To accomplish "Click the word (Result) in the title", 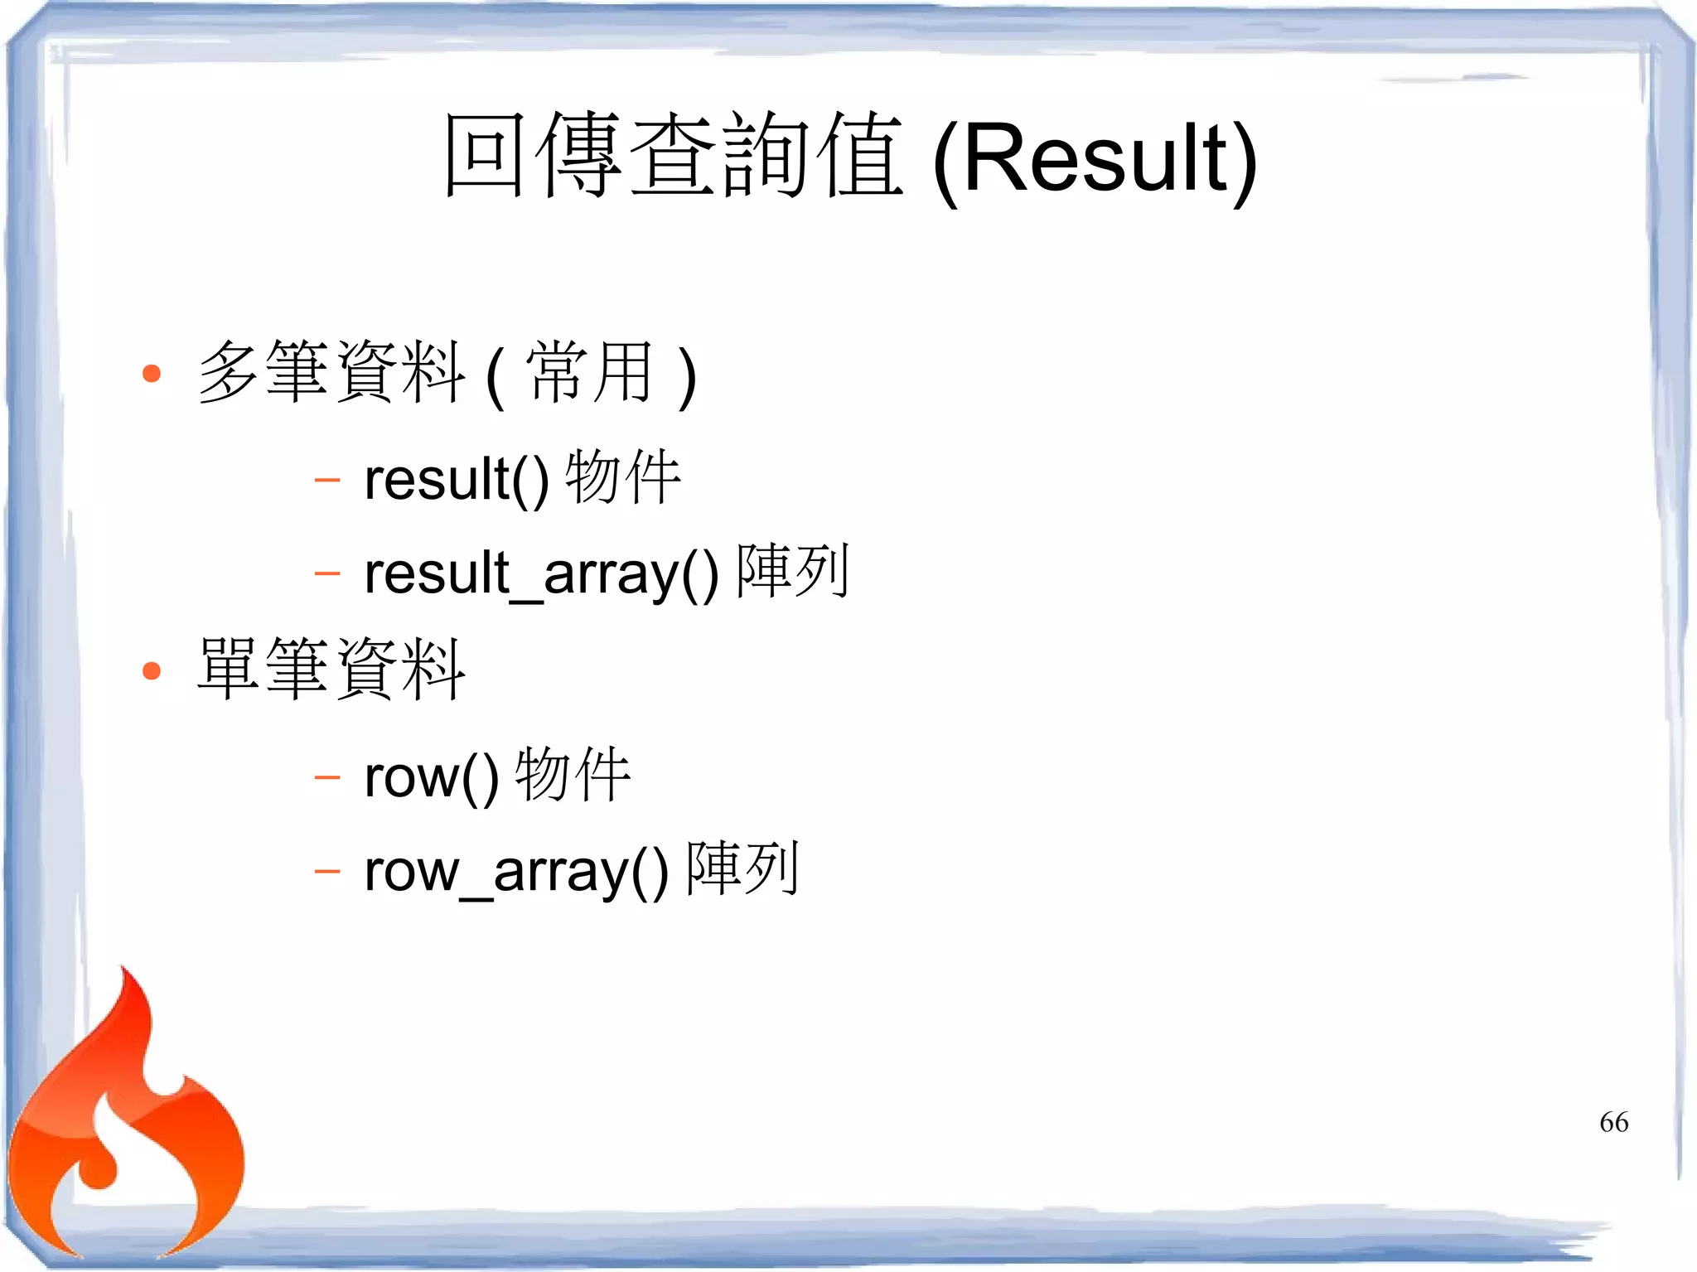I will click(1095, 159).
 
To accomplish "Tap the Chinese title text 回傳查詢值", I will click(673, 156).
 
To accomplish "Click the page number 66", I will click(1613, 1122).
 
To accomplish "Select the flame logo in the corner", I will click(124, 1127).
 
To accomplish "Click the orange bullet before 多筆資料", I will click(152, 374).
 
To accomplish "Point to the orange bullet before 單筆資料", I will click(152, 670).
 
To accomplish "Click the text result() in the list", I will click(457, 480).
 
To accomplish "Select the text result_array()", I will click(541, 573).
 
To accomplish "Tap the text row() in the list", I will click(432, 777).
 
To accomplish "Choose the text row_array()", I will click(516, 871).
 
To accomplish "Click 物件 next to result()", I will click(623, 477).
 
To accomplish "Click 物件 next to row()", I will click(573, 775).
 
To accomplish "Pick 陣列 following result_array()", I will click(793, 571).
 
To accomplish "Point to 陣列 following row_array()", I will click(743, 868).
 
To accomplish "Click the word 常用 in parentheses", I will click(590, 373).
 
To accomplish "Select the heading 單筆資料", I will click(331, 670).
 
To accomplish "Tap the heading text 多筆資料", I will click(331, 373).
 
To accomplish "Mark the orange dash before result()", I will click(327, 480).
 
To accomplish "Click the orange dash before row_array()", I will click(327, 871).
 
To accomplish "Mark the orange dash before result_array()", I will click(327, 573).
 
